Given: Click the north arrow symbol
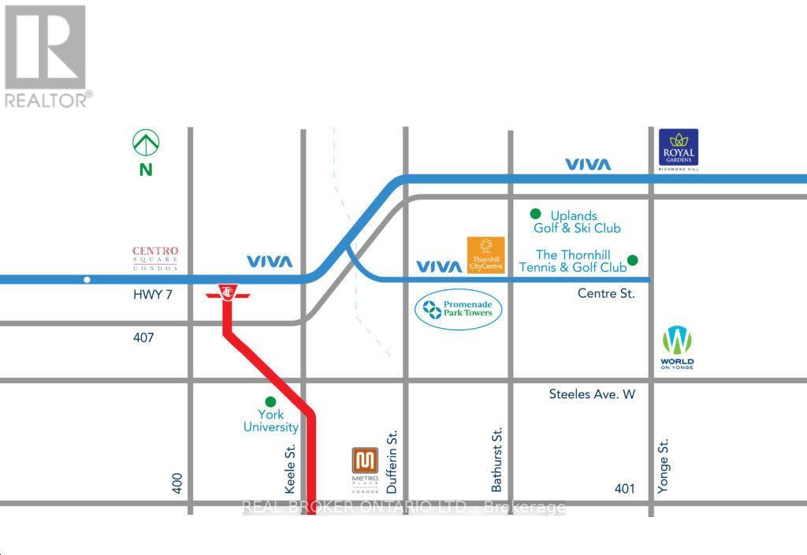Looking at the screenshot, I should point(146,143).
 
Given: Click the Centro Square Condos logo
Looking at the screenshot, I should point(155,257).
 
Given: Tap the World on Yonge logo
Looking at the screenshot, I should point(677,348).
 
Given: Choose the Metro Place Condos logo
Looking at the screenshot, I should point(365,469).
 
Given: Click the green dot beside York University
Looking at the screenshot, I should point(270,401).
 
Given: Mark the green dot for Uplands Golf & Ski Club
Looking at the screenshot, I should point(535,213).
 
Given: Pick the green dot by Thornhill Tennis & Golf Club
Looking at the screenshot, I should point(632,260).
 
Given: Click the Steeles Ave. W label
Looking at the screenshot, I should point(592,394).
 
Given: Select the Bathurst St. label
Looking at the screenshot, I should point(497,460).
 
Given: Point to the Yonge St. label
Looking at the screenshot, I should point(664,467).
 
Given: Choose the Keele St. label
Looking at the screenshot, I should point(290,465).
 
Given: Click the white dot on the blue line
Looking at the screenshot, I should point(87,280).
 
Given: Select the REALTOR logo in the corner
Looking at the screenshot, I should point(47,55).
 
